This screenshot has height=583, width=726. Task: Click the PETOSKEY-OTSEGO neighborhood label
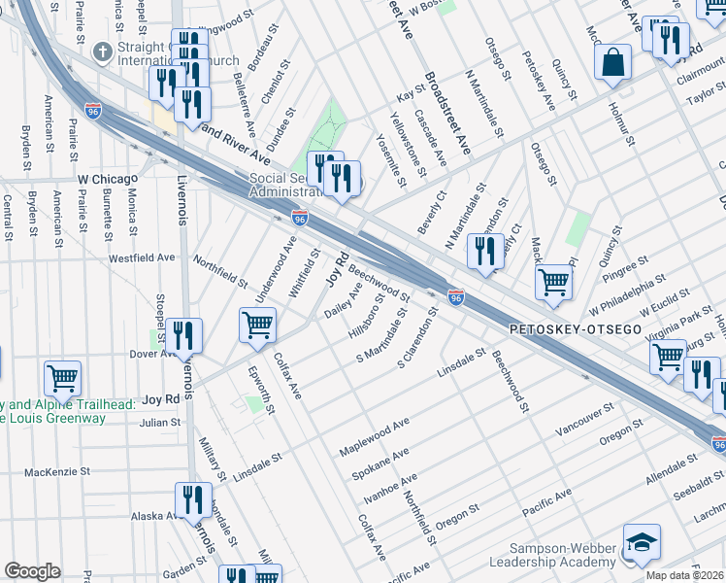(x=576, y=330)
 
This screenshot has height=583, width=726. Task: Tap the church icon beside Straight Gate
(x=101, y=51)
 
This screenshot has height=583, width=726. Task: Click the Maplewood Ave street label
(x=375, y=438)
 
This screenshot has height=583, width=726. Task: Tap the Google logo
(x=32, y=571)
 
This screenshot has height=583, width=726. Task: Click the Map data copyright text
(x=684, y=575)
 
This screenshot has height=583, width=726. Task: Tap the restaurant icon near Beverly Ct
(x=484, y=251)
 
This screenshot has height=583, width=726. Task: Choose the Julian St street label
(x=160, y=423)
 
